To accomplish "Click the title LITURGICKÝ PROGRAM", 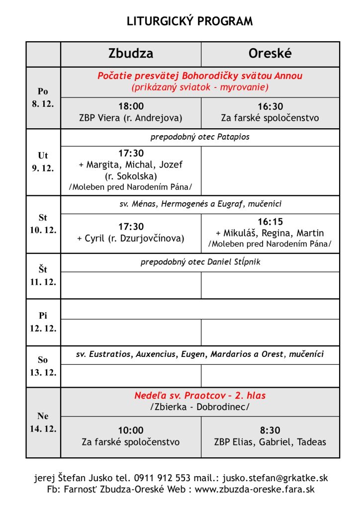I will click(189, 21).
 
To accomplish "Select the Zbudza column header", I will click(131, 54).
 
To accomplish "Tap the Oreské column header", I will click(270, 54).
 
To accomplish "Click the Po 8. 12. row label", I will click(43, 98).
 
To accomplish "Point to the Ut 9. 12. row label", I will click(43, 162).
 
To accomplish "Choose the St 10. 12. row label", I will click(43, 224).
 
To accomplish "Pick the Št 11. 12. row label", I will click(43, 276).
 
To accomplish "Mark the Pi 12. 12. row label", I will click(43, 322).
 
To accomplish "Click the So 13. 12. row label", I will click(43, 366).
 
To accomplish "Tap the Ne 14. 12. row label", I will click(43, 423).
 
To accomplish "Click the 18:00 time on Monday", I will click(131, 106).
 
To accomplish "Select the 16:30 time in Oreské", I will click(270, 106).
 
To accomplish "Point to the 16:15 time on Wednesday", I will click(270, 222).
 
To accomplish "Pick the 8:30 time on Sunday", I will click(270, 430).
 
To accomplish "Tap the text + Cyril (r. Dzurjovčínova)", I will click(131, 238).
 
